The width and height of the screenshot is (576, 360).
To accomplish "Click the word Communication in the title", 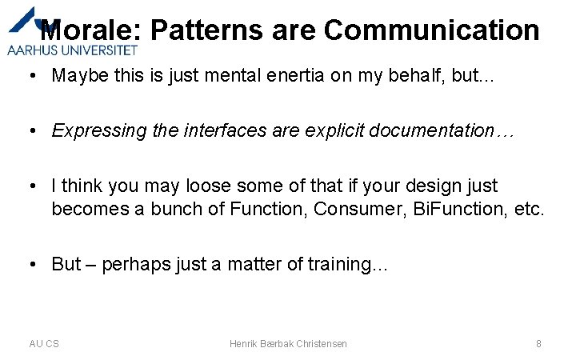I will click(x=432, y=30).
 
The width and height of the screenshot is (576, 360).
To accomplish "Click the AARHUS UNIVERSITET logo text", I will click(x=72, y=49).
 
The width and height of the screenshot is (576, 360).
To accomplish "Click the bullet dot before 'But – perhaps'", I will click(x=34, y=264).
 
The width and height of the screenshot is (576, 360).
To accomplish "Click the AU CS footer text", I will click(x=44, y=343).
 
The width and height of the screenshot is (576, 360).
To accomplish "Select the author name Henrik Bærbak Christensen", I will click(x=288, y=343).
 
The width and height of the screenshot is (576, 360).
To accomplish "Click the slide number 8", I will click(x=538, y=343).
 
